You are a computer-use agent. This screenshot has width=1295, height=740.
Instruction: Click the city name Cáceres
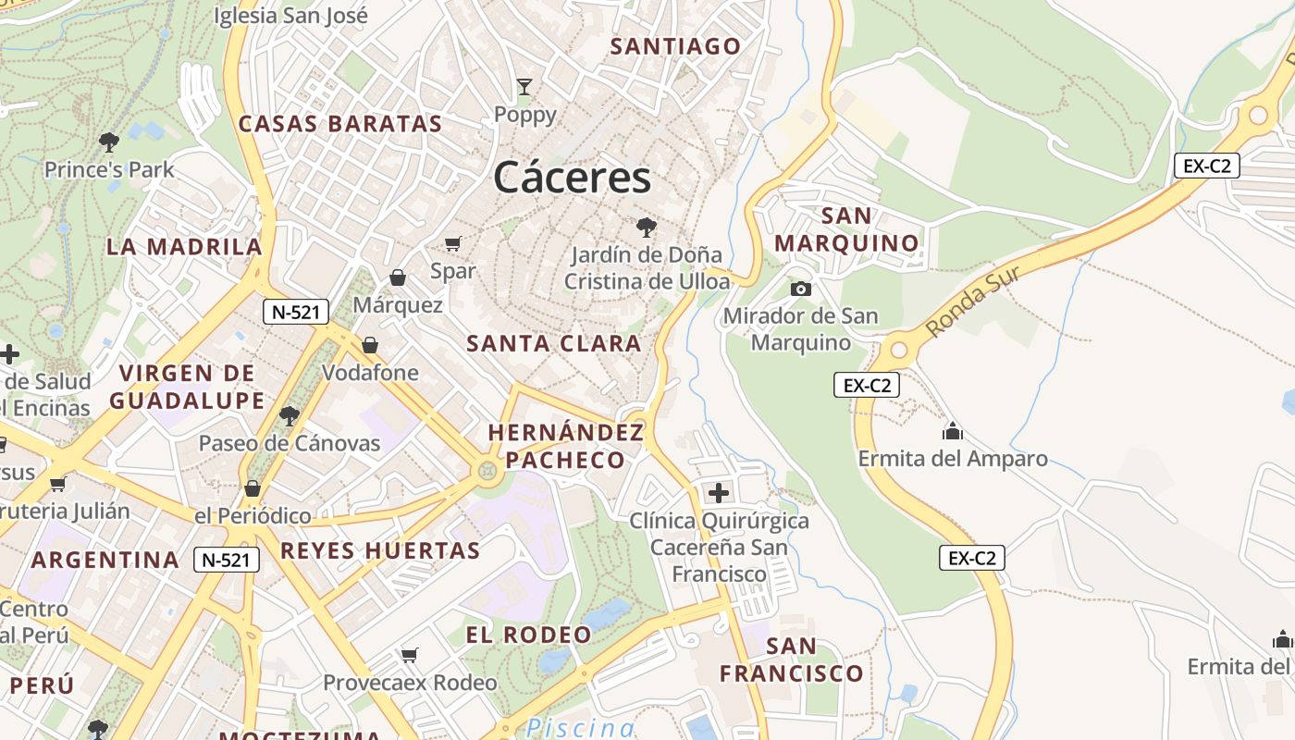click(x=572, y=177)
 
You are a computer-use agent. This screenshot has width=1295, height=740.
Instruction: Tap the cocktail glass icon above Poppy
click(x=524, y=87)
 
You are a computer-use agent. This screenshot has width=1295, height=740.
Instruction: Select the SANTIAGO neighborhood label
click(x=676, y=46)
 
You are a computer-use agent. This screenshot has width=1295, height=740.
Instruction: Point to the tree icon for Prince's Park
click(x=109, y=142)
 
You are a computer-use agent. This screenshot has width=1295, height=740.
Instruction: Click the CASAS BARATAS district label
click(x=340, y=124)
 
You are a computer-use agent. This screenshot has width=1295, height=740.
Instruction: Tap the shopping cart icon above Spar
click(x=452, y=243)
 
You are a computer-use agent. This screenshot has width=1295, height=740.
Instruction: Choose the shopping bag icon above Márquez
click(x=398, y=277)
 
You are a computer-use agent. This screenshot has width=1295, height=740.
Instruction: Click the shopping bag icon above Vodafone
click(x=370, y=345)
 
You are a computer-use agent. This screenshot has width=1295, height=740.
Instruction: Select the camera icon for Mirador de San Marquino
click(x=801, y=289)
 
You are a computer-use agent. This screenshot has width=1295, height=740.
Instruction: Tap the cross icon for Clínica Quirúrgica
click(x=718, y=492)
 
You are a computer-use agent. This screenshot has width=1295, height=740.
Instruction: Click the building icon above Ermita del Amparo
click(x=952, y=431)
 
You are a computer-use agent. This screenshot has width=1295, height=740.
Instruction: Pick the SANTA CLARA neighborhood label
click(x=554, y=343)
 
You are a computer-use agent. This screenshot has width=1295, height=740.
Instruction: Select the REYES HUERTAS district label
click(x=380, y=551)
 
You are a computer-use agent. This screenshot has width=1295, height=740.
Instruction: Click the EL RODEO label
click(x=528, y=635)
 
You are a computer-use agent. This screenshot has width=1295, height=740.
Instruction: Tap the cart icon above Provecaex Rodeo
click(x=409, y=655)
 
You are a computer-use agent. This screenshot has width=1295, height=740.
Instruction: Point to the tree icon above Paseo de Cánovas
click(x=290, y=415)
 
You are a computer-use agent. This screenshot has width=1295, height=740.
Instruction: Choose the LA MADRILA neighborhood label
click(x=184, y=247)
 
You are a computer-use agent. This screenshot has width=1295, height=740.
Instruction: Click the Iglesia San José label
click(x=290, y=16)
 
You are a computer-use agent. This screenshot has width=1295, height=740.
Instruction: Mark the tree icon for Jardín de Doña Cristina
click(x=646, y=227)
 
